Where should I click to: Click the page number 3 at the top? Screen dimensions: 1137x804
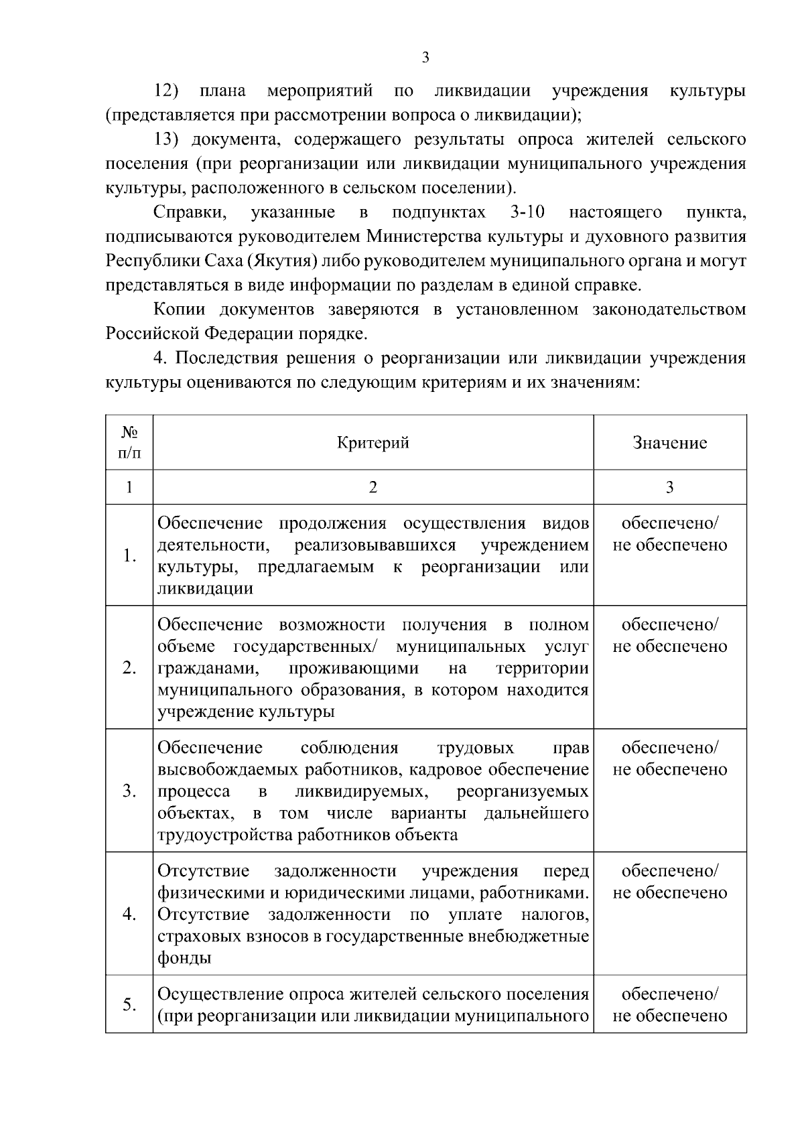click(425, 58)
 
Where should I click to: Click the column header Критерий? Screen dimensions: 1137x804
click(373, 443)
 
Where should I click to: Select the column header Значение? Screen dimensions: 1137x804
click(669, 443)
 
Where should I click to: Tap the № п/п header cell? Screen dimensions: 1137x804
click(129, 443)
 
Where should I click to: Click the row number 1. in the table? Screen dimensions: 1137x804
click(129, 555)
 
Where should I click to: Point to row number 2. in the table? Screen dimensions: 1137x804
click(129, 668)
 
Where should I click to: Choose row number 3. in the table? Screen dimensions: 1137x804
click(129, 791)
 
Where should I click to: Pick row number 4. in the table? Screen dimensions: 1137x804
click(129, 915)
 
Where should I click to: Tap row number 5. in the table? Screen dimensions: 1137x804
click(129, 1004)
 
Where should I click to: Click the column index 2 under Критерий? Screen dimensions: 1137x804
click(373, 487)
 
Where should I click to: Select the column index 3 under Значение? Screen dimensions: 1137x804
click(669, 487)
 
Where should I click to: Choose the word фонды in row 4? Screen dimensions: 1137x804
click(184, 958)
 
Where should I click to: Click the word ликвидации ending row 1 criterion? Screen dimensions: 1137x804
click(205, 589)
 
